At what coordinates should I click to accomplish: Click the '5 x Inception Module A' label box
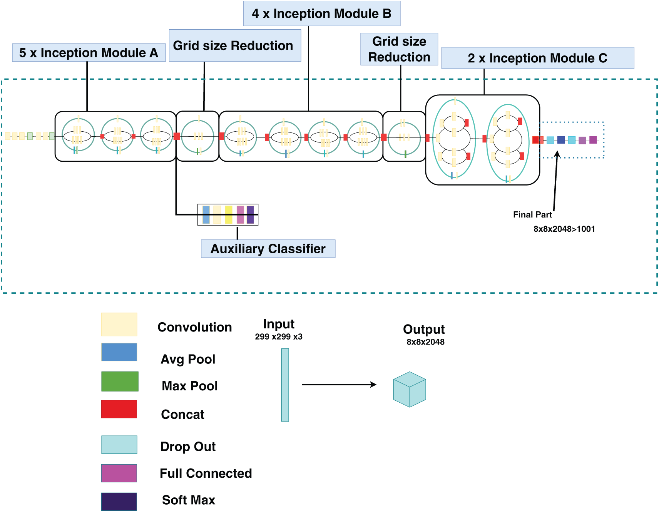pos(89,53)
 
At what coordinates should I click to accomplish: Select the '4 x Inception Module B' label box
pos(322,13)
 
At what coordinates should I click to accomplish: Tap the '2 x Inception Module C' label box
pos(537,58)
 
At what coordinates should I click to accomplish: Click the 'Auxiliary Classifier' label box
pos(268,249)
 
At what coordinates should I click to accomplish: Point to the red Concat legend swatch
pos(119,409)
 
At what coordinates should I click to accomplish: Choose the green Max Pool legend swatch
pos(120,381)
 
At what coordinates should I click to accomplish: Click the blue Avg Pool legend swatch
pos(119,352)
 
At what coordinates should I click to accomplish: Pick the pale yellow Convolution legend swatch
pos(119,324)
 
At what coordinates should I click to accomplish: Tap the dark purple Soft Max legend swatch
pos(119,502)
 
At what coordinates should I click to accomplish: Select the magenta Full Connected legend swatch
pos(119,473)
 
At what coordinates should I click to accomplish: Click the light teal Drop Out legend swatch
pos(119,445)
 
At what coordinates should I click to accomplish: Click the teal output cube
pos(410,389)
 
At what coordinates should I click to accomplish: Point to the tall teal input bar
pos(285,385)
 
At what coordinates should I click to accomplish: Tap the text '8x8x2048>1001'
pos(564,229)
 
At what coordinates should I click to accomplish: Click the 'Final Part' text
pos(532,215)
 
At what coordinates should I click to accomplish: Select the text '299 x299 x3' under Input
pos(279,337)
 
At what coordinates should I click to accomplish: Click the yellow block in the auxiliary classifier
pos(229,215)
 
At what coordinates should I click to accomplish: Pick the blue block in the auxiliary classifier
pos(206,215)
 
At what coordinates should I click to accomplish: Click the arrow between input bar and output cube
pos(339,384)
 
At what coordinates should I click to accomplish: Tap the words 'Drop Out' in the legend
pos(188,447)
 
